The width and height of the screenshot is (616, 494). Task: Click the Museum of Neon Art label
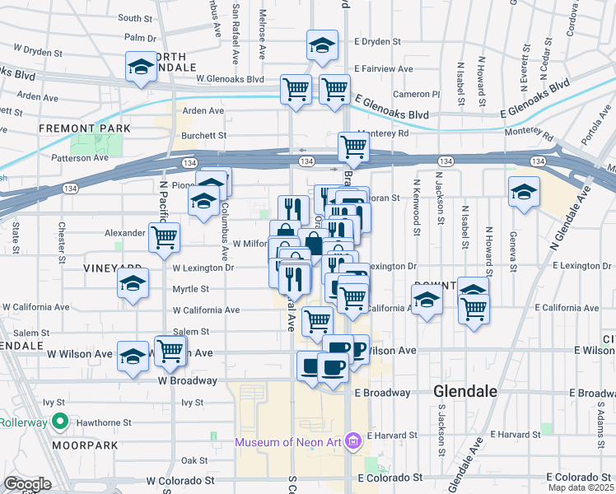pos(287,442)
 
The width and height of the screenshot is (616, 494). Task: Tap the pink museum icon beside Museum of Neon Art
pos(354,442)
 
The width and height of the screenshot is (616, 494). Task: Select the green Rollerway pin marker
pos(59,423)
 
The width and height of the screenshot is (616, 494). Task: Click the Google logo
pos(27,484)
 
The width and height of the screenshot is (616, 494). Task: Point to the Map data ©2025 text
pos(580,487)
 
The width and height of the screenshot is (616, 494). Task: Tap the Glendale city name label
pos(464,392)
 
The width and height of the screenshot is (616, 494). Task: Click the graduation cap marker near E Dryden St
pos(322,46)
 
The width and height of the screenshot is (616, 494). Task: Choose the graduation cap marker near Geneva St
pos(524,193)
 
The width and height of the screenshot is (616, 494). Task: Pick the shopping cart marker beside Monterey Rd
pos(353,148)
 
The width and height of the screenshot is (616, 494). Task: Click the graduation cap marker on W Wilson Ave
pos(133,357)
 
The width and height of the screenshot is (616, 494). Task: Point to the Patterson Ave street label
pos(80,157)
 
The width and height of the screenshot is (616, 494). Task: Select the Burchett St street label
pos(204,135)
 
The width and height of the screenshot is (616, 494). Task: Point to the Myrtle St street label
pos(190,289)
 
